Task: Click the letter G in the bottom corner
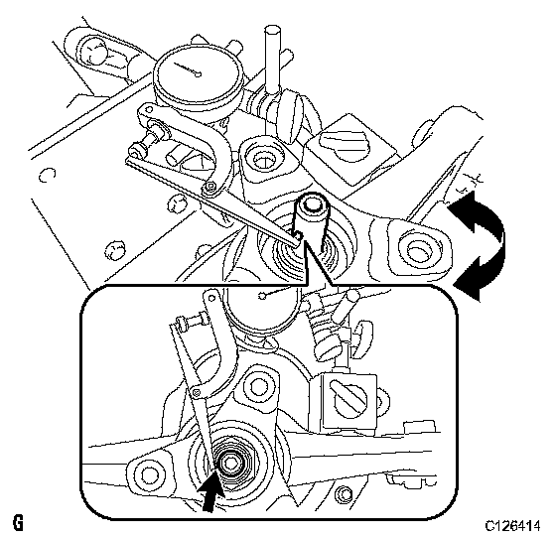[18, 524]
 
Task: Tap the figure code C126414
[512, 525]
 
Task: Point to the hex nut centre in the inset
[233, 463]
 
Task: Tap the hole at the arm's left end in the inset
[148, 474]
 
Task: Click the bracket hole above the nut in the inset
[258, 386]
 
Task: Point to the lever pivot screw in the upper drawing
[209, 187]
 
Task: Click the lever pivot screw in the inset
[196, 392]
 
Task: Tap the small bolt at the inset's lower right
[343, 493]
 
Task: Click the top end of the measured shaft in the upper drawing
[311, 204]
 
